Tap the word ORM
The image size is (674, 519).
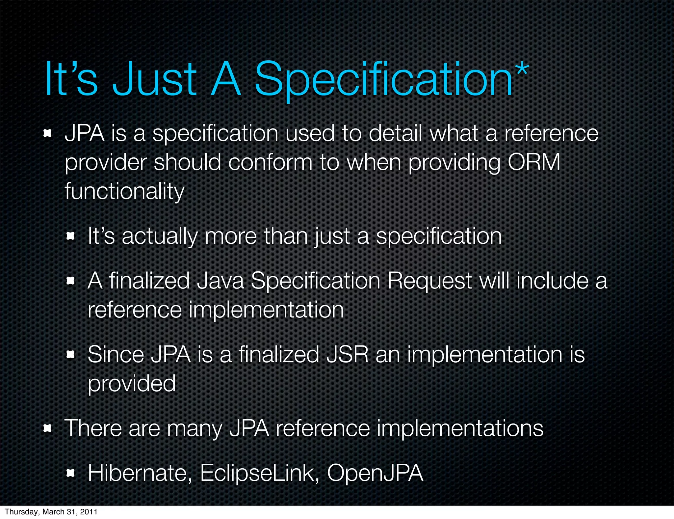click(x=534, y=162)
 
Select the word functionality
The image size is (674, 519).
click(x=124, y=192)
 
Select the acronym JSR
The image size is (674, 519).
click(x=347, y=355)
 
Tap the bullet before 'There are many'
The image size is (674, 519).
click(x=48, y=428)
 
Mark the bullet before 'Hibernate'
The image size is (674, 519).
click(x=70, y=474)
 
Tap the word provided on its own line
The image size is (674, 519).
click(x=132, y=384)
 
